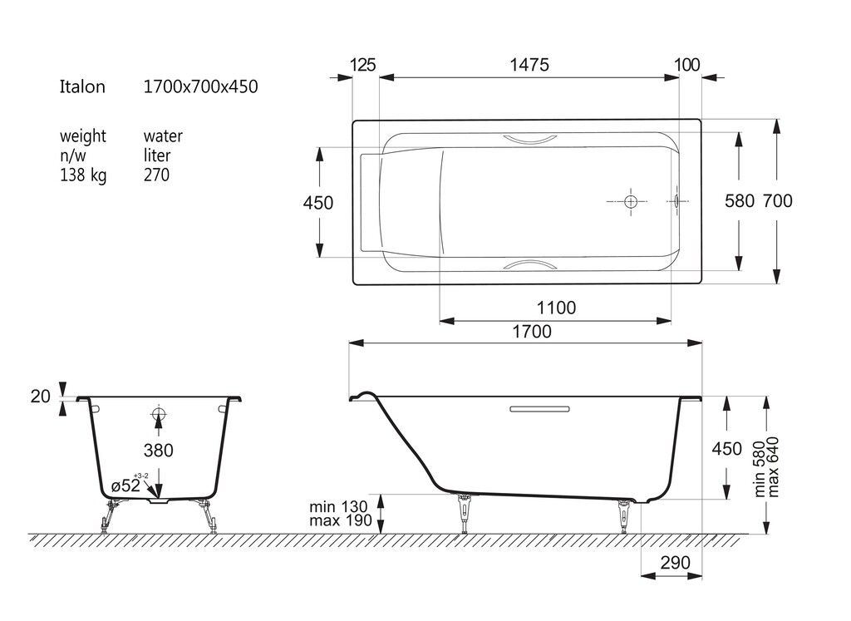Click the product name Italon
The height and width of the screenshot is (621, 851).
click(82, 86)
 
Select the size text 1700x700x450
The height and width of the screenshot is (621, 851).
click(200, 86)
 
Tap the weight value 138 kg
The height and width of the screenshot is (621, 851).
click(83, 175)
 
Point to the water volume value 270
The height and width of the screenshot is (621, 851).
click(156, 175)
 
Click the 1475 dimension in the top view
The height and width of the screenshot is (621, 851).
click(529, 65)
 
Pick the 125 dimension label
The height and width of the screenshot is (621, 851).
click(362, 65)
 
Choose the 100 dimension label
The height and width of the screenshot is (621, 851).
click(686, 65)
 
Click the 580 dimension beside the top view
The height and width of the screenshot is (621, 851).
click(740, 201)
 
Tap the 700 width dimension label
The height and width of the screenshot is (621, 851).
click(777, 201)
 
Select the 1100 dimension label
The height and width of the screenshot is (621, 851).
click(556, 308)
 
